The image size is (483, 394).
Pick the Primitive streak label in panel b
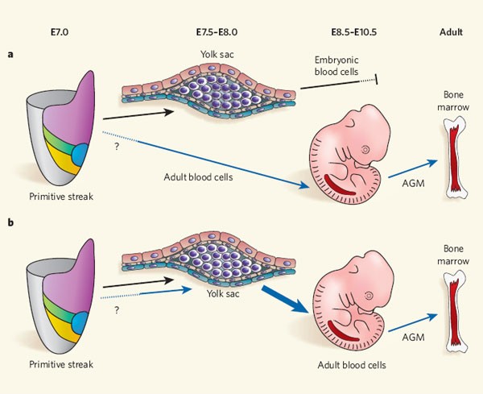[x=63, y=364]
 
